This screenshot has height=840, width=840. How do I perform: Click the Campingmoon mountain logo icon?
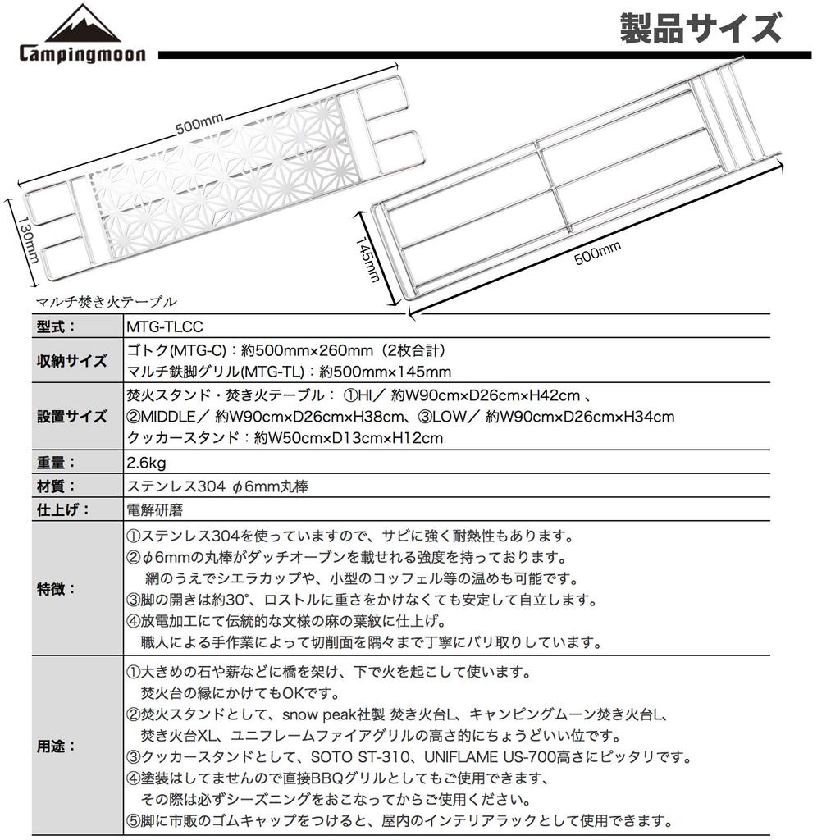(82, 24)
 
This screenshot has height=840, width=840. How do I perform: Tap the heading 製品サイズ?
(700, 30)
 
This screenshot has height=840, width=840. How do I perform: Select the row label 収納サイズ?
(71, 361)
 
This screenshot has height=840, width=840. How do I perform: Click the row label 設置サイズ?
(71, 416)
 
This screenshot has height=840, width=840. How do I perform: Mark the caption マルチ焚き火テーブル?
(107, 301)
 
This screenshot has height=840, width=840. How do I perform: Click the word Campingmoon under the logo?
(82, 55)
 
